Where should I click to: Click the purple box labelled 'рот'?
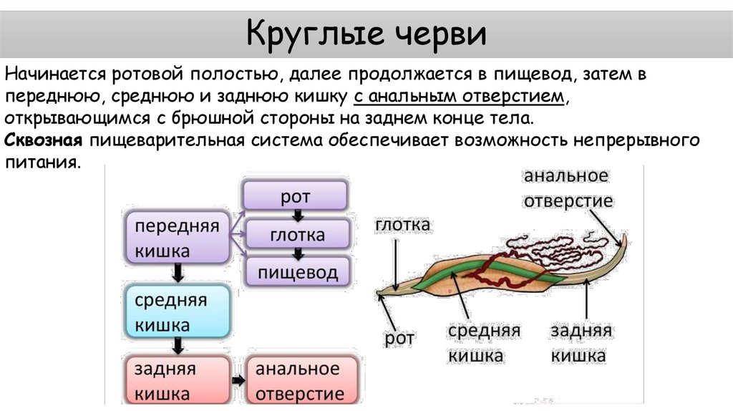(295, 195)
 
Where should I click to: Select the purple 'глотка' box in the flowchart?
(297, 234)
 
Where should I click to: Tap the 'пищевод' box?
(298, 271)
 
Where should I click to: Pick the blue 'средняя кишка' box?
(177, 312)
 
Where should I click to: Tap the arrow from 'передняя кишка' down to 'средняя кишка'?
(178, 274)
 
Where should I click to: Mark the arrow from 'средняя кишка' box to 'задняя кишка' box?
(178, 347)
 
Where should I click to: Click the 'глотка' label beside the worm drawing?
(402, 226)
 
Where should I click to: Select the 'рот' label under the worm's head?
(400, 338)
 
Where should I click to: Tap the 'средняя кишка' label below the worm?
(484, 343)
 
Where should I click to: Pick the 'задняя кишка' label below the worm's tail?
(581, 343)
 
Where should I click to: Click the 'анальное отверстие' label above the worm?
(568, 188)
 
